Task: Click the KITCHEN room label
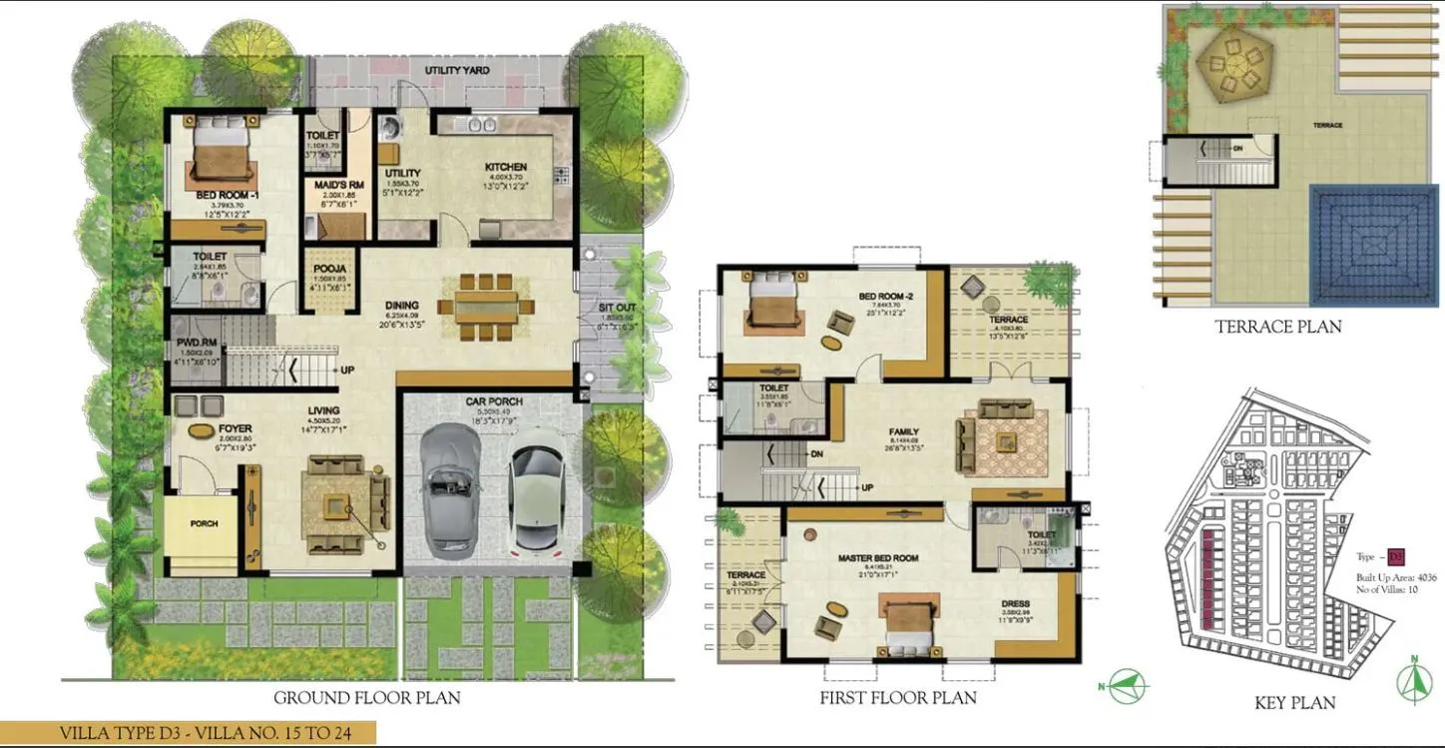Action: pos(504,167)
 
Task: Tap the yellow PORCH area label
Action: pos(204,523)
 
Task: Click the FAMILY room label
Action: pos(903,432)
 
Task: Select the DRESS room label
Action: pos(1017,604)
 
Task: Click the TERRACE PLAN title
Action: pos(1277,326)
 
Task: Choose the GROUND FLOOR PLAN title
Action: pos(367,697)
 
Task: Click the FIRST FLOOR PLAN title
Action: pos(898,697)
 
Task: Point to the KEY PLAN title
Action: pos(1294,703)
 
